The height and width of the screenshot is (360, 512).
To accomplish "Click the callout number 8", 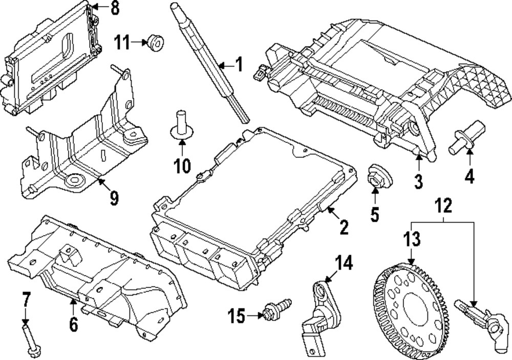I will [114, 8].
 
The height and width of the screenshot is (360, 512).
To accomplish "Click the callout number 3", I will [418, 180].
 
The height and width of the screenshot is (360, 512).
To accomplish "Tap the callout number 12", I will [444, 205].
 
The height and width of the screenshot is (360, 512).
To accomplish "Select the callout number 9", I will [113, 198].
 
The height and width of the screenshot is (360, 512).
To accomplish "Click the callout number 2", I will [344, 227].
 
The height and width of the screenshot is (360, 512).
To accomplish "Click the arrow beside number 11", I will [140, 42].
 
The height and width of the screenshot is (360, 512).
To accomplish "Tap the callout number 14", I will [344, 263].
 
